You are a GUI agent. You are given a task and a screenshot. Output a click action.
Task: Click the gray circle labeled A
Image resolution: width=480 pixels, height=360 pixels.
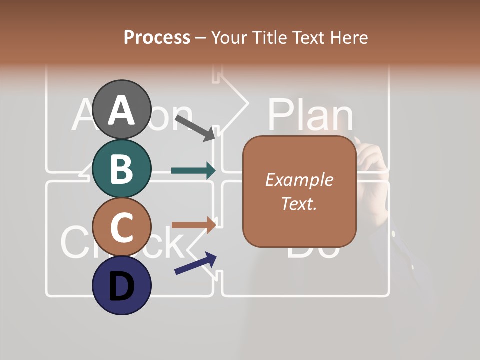click(122, 109)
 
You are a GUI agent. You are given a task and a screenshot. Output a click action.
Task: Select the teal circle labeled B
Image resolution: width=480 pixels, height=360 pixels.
click(122, 168)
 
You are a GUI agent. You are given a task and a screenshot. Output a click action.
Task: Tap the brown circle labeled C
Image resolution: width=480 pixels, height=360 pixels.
click(122, 227)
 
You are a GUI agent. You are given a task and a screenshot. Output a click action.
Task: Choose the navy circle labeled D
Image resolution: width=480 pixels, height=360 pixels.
click(122, 286)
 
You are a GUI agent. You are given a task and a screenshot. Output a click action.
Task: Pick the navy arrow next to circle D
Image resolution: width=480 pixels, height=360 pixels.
click(195, 263)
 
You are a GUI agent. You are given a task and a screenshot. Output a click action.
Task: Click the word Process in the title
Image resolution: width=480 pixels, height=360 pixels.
click(157, 37)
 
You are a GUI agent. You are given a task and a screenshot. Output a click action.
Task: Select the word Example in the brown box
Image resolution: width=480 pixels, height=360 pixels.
click(299, 179)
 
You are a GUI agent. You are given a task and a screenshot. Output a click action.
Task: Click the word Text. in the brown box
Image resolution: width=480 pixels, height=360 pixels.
click(299, 203)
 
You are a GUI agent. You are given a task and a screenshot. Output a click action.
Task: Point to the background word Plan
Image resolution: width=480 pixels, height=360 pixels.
click(310, 115)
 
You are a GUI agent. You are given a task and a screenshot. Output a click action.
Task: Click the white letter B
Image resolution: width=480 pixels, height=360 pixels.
click(122, 168)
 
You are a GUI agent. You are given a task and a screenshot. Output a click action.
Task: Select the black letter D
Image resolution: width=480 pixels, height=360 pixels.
click(122, 286)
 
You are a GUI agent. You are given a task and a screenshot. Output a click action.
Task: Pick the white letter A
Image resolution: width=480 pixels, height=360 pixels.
click(122, 110)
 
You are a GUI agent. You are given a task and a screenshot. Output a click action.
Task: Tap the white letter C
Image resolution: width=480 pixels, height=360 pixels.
click(122, 227)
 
